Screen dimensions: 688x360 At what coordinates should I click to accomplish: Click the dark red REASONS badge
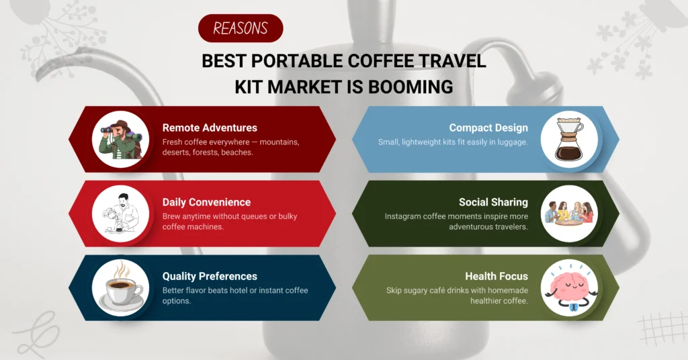tap(241, 28)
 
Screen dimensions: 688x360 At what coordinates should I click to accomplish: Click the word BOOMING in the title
tap(411, 87)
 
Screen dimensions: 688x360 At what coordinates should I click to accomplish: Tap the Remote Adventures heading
tap(210, 128)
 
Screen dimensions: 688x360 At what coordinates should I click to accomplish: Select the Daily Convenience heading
tap(207, 202)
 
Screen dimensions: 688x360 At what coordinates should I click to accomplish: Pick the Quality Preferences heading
tap(210, 276)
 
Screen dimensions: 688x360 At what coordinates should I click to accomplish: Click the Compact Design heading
tap(488, 128)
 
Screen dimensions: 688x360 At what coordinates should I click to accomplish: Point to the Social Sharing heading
tap(493, 202)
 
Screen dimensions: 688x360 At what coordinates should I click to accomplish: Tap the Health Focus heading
tap(497, 276)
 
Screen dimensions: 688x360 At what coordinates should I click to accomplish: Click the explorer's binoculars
tap(108, 130)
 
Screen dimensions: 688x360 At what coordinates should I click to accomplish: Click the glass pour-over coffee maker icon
tap(569, 139)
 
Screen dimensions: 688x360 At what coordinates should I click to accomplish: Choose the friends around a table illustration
tap(569, 214)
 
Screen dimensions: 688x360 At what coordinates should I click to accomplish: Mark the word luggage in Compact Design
tap(513, 142)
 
